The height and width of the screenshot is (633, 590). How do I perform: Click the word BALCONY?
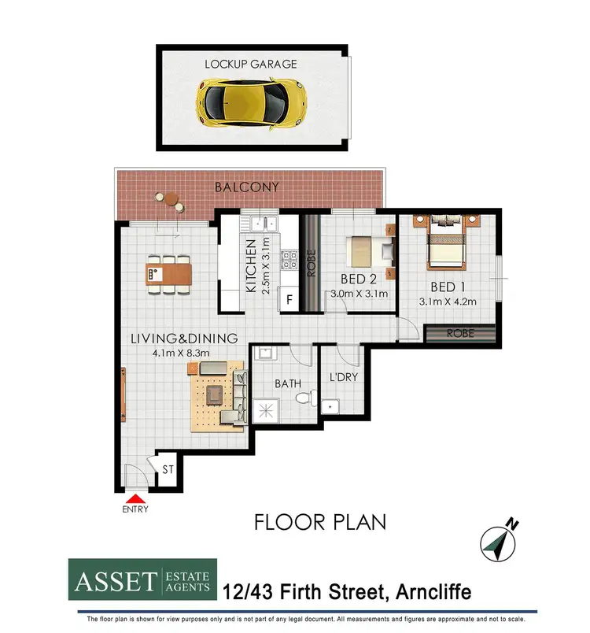[247, 187]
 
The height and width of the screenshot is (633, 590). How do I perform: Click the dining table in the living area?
[168, 274]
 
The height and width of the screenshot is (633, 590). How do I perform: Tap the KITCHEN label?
[251, 265]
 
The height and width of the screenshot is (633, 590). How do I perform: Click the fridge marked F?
[289, 300]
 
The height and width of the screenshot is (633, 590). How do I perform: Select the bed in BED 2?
[369, 250]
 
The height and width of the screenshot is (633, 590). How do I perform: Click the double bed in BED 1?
[446, 244]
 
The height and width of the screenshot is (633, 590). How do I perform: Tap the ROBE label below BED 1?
[460, 333]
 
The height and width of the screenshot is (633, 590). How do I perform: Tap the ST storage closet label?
[168, 470]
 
